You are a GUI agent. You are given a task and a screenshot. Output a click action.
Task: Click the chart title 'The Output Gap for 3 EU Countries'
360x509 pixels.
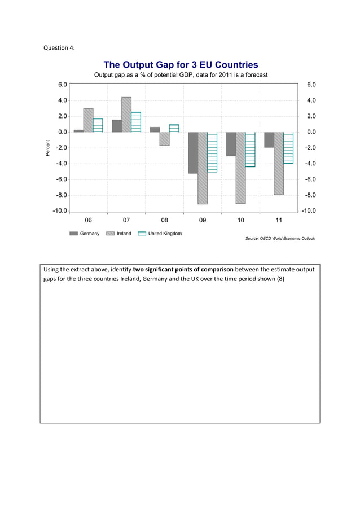pyautogui.click(x=181, y=65)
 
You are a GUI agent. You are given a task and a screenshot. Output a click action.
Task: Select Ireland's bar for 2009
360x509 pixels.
pyautogui.click(x=203, y=168)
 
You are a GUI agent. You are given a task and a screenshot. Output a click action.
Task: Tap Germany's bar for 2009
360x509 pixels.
pyautogui.click(x=193, y=153)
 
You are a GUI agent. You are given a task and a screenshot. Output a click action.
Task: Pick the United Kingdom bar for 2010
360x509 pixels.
pyautogui.click(x=250, y=150)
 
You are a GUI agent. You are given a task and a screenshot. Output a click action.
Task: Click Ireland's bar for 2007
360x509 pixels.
pyautogui.click(x=126, y=115)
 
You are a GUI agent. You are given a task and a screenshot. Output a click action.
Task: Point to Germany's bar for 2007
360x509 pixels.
pyautogui.click(x=117, y=126)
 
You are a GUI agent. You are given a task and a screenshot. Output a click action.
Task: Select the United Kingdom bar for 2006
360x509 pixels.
pyautogui.click(x=98, y=125)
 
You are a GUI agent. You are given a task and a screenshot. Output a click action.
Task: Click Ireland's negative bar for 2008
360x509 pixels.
pyautogui.click(x=164, y=139)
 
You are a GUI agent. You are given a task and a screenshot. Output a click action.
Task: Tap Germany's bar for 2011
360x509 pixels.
pyautogui.click(x=269, y=140)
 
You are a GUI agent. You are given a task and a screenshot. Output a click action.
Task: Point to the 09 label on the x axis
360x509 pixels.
pyautogui.click(x=203, y=220)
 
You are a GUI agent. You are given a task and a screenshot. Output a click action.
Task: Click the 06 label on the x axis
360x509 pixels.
pyautogui.click(x=88, y=220)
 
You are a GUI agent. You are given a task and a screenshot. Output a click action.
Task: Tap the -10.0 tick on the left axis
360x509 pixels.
pyautogui.click(x=60, y=211)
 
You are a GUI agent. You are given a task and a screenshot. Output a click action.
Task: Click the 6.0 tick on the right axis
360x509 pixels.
pyautogui.click(x=311, y=85)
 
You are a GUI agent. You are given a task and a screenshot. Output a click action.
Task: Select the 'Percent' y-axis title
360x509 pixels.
pyautogui.click(x=49, y=147)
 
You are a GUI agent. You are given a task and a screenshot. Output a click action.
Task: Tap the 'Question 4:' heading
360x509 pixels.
pyautogui.click(x=59, y=47)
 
